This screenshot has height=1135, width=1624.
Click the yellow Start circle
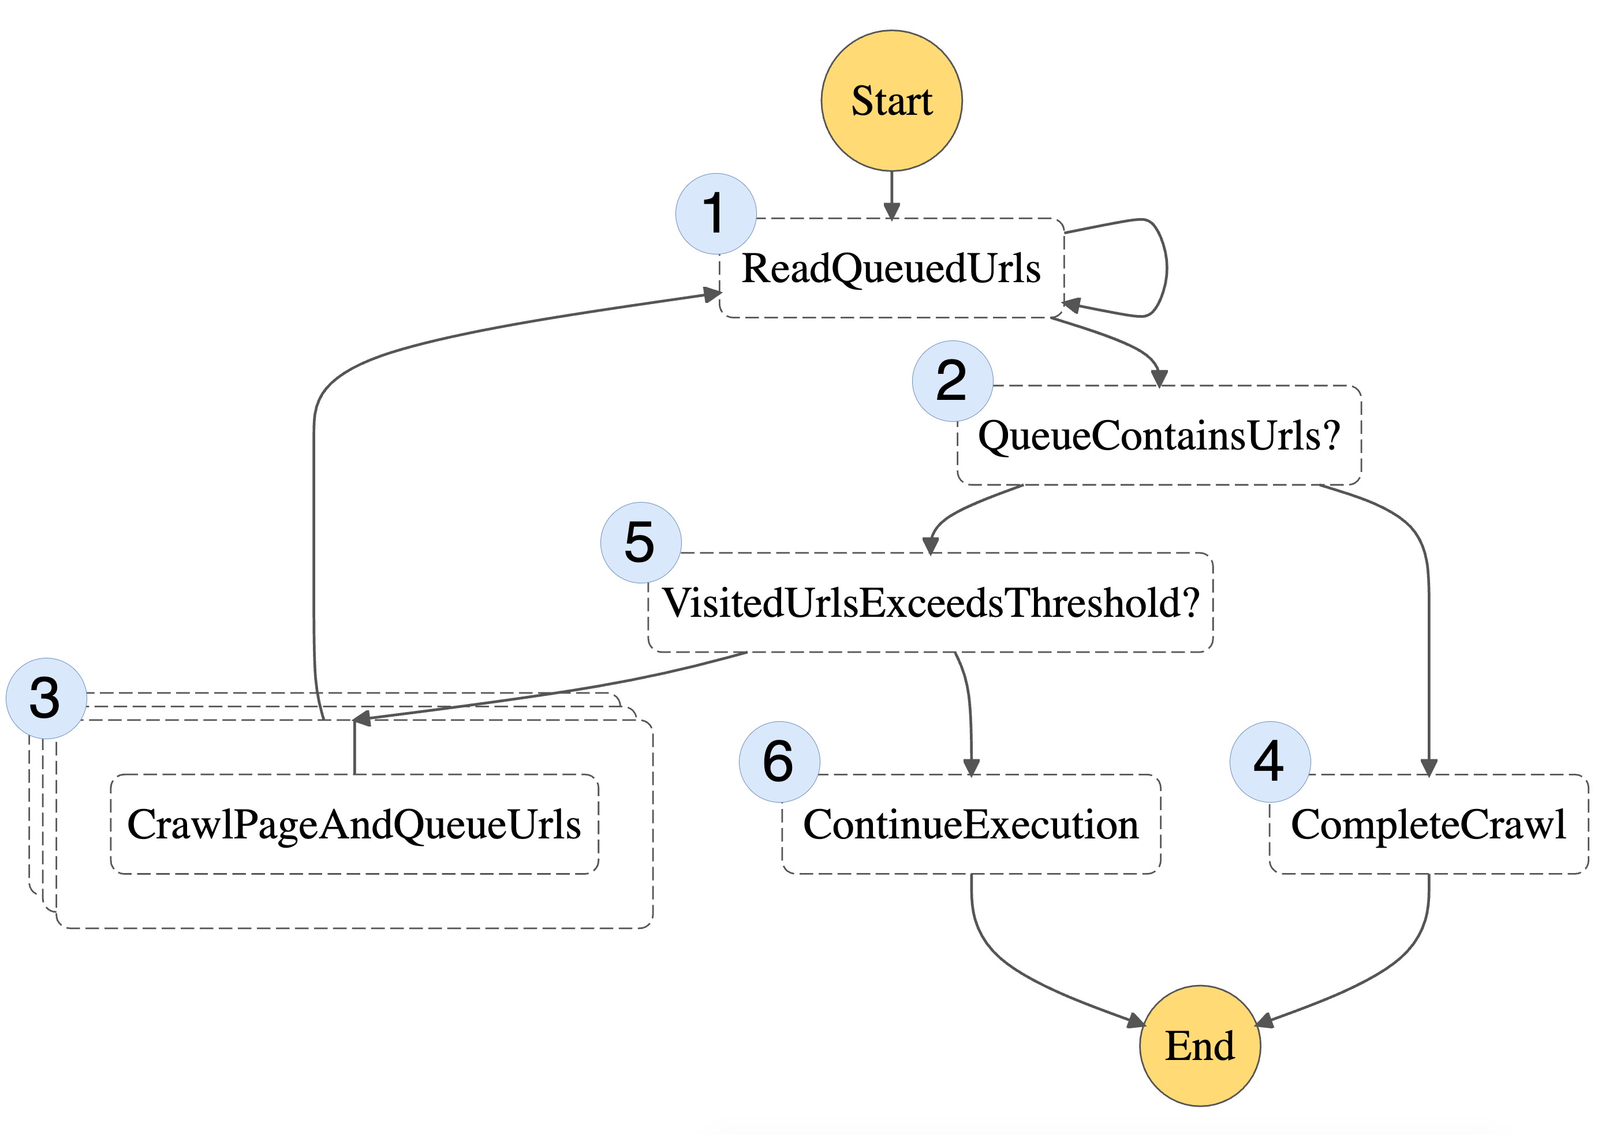click(x=891, y=100)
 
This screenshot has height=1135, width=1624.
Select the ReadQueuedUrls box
click(x=891, y=269)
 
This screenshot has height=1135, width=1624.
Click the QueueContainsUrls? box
click(x=1159, y=436)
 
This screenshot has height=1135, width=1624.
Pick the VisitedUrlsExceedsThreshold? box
click(x=930, y=602)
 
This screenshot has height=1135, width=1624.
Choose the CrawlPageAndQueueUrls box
click(x=354, y=825)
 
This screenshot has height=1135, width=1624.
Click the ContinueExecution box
click(x=970, y=825)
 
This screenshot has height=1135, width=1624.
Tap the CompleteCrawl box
click(x=1428, y=825)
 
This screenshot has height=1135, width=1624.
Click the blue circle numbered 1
click(x=716, y=213)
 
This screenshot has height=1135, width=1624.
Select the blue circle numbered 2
click(x=952, y=381)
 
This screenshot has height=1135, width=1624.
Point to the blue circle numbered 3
click(x=46, y=698)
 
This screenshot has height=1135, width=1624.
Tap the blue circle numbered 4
click(x=1270, y=762)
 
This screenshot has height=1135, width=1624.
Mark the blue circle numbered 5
click(x=640, y=542)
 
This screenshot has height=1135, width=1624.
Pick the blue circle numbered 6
click(x=779, y=762)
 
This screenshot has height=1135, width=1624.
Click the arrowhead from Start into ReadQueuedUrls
click(x=891, y=211)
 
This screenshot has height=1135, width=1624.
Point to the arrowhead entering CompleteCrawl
click(x=1428, y=767)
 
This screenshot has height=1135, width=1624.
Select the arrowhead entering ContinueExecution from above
click(x=971, y=767)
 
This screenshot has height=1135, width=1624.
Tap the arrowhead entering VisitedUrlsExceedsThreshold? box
click(x=930, y=545)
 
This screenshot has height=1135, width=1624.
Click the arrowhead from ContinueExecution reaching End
click(x=1134, y=1020)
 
